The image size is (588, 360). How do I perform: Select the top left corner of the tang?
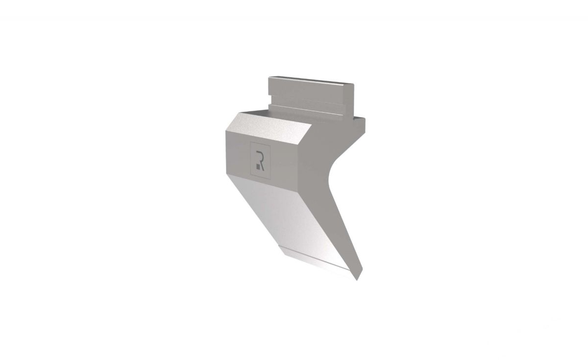[269, 77]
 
